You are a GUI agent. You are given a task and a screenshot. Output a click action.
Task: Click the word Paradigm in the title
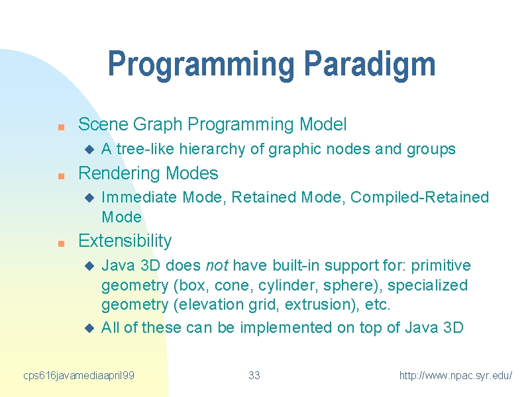click(x=370, y=64)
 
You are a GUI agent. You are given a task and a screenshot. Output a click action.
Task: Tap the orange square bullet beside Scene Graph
click(x=61, y=127)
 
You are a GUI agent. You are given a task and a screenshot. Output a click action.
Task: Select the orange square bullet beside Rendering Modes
click(x=61, y=176)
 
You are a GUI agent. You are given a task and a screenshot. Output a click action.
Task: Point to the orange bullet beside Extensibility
click(x=61, y=243)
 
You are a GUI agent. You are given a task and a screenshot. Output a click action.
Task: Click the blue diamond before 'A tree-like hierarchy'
click(x=89, y=150)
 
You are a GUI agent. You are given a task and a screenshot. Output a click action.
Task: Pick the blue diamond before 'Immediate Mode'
click(x=89, y=198)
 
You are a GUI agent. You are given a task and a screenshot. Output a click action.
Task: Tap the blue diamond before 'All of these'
click(x=89, y=328)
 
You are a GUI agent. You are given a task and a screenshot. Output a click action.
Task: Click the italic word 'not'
click(x=217, y=266)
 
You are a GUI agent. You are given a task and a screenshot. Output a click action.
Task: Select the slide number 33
click(x=254, y=375)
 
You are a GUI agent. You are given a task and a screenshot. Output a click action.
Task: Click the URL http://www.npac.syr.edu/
click(x=456, y=375)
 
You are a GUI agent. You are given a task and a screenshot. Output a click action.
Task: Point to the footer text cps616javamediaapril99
click(x=79, y=376)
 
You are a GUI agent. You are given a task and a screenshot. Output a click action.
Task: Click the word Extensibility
click(x=125, y=241)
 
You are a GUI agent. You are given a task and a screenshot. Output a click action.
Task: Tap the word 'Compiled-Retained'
click(x=419, y=197)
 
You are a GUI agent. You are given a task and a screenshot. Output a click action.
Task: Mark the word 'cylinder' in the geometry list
click(x=288, y=286)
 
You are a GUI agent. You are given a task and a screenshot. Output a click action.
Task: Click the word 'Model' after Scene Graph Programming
click(x=323, y=124)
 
